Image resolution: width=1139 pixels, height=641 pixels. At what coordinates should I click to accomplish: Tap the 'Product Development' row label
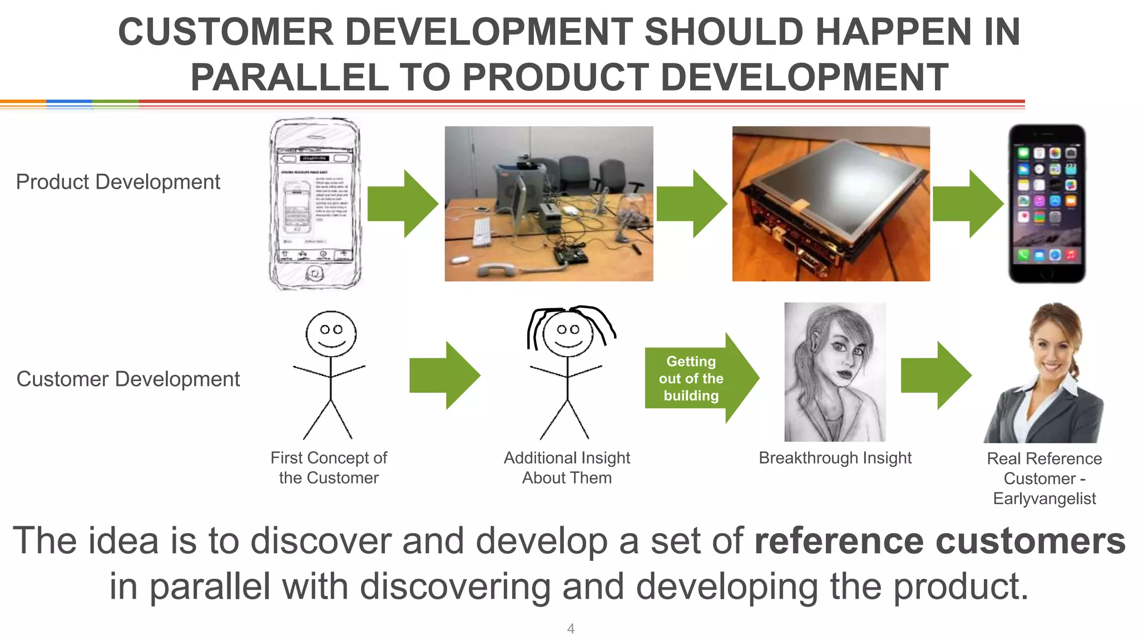coord(118,182)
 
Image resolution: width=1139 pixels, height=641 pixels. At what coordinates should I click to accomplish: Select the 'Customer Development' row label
coord(128,379)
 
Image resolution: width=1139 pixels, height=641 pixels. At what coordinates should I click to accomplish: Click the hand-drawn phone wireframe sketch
coord(315,204)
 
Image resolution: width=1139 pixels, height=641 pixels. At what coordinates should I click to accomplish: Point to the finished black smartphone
coord(1047,204)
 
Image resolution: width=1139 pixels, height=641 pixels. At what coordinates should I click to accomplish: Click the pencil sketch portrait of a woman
coord(835,372)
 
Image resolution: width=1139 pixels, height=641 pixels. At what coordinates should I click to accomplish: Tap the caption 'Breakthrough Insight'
coord(835,458)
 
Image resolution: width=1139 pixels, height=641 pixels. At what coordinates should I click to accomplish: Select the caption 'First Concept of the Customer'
coord(329,468)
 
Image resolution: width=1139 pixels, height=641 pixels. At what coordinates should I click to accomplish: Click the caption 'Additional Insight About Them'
coord(567,468)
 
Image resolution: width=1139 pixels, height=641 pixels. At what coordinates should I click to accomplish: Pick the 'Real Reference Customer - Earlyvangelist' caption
coord(1044,479)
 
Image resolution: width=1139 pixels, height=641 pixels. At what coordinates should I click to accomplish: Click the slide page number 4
coord(571,629)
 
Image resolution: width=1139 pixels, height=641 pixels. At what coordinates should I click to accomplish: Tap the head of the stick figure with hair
coord(568,332)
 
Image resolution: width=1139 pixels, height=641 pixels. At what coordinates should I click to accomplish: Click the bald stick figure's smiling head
coord(331,333)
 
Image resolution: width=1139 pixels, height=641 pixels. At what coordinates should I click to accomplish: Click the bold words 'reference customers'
coord(940,541)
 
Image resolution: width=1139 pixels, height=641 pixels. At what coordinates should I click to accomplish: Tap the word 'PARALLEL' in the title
coord(289,77)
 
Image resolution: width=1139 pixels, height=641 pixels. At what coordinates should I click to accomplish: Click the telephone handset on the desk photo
coord(498,270)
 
